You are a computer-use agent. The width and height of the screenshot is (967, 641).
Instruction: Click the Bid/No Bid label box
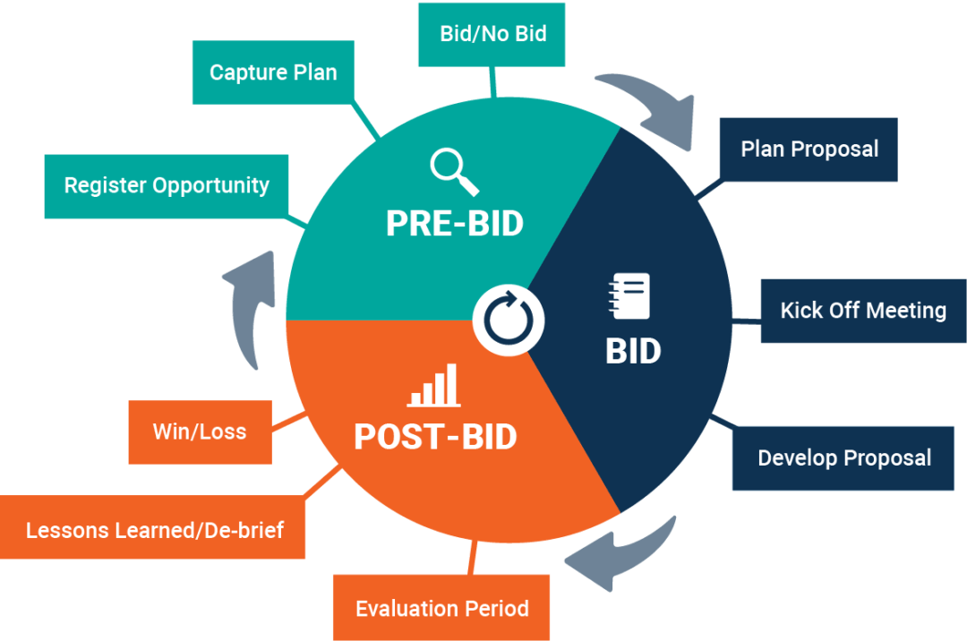pos(492,34)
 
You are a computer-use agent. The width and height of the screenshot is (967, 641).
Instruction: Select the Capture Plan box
pos(273,73)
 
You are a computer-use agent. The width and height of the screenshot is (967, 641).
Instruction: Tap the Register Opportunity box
pos(167,186)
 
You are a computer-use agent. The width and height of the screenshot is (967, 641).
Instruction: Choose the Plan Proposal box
pos(809,149)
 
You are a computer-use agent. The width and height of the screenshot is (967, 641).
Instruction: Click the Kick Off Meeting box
pos(862,311)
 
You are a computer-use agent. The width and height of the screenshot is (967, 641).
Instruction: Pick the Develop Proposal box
pos(843,458)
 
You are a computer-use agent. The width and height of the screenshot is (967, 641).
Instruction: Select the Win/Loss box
pos(200,432)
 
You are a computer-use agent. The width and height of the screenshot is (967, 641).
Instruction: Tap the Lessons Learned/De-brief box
pos(154,530)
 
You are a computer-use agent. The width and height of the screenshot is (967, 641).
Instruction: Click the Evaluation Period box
pos(441,609)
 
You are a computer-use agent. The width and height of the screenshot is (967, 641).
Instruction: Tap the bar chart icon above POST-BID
pos(434,386)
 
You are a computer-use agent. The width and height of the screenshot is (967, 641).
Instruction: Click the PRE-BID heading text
pos(454,224)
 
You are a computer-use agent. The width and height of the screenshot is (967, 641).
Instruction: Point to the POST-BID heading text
pos(435,437)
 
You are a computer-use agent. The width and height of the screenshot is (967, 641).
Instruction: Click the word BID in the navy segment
pos(633,352)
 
